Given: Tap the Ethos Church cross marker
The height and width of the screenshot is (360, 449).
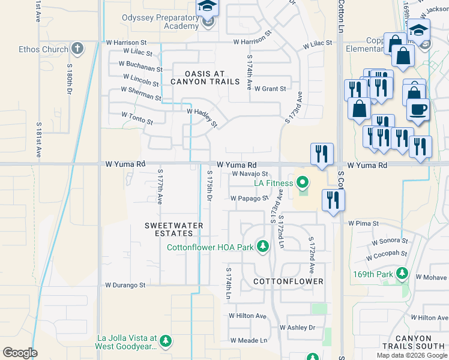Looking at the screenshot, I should pos(76,48).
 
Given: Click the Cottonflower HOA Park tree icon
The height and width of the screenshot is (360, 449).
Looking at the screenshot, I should pos(262,247).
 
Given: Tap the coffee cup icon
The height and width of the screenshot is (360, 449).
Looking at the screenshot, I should pos(418,110).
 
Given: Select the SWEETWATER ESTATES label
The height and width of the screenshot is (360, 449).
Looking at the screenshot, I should pos(174,230).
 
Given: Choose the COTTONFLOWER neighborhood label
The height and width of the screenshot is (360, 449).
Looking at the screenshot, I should pos(288,281).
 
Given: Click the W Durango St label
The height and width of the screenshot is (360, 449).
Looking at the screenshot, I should pos(125,286).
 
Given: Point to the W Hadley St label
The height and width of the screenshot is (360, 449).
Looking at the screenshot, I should pos(202,116).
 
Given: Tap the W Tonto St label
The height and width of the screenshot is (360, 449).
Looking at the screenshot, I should pos(137,118).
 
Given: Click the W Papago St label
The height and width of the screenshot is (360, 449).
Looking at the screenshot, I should pos(248,198).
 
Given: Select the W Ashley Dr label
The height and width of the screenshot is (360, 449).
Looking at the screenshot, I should pos(297,328).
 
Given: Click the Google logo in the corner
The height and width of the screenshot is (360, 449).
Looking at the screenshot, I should pos(19,353).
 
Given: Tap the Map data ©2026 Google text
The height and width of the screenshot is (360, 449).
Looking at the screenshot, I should pos(412,355).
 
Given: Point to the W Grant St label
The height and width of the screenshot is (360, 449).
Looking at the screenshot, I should pos(270,89).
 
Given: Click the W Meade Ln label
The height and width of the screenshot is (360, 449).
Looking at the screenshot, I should pos(248,340).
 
